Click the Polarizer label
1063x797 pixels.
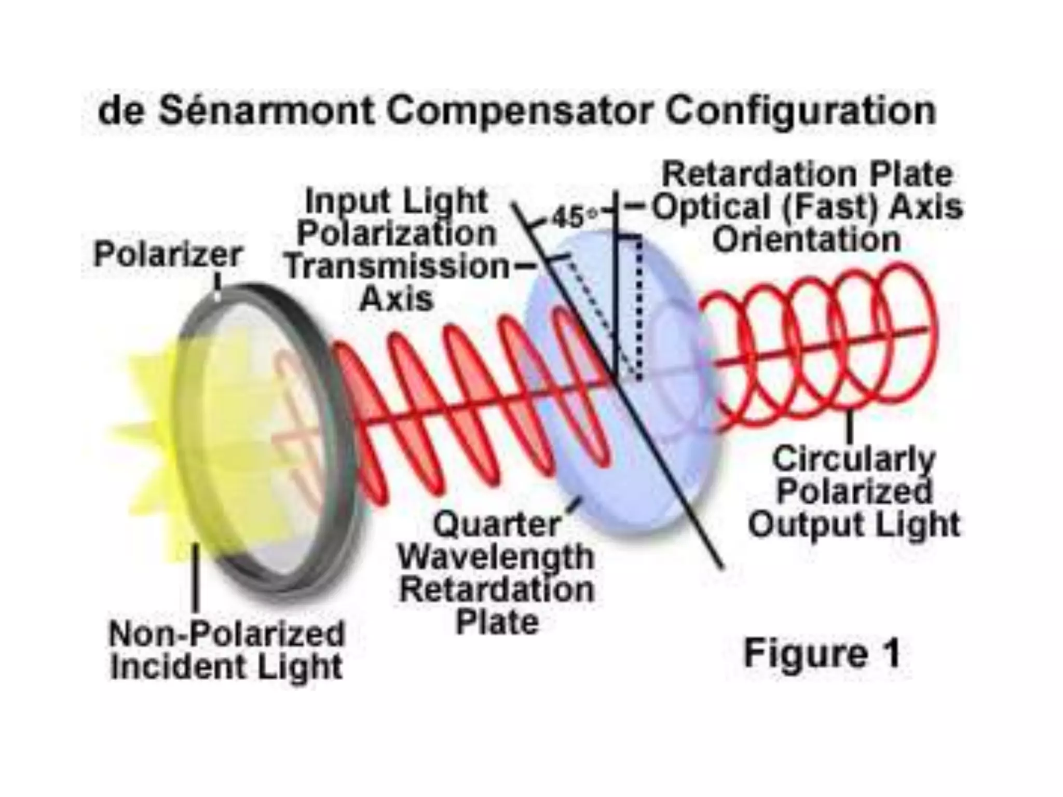[x=168, y=255]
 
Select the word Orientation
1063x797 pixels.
[x=806, y=240]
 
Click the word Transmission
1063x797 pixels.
[x=398, y=267]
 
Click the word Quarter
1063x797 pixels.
[x=497, y=525]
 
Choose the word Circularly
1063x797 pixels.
[x=854, y=460]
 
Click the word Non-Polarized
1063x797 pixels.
[x=227, y=634]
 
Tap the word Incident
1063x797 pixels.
[x=180, y=667]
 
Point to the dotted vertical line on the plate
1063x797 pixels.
[x=639, y=311]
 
